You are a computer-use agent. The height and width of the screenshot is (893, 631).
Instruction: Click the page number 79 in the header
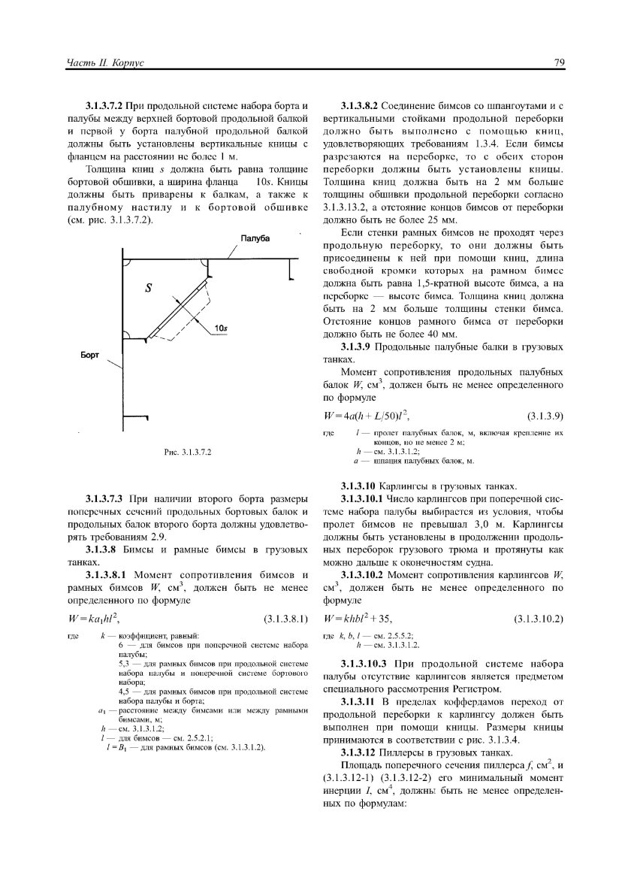[x=559, y=63]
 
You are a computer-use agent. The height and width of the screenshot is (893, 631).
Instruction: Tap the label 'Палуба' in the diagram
[x=255, y=238]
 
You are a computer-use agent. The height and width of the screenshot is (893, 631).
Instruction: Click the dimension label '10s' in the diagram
[x=221, y=328]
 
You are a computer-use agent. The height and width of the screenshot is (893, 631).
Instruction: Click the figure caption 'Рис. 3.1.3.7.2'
[x=189, y=453]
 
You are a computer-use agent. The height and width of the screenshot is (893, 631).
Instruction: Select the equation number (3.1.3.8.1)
[x=287, y=620]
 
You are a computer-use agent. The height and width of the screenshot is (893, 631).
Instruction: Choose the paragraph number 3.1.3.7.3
[x=106, y=498]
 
